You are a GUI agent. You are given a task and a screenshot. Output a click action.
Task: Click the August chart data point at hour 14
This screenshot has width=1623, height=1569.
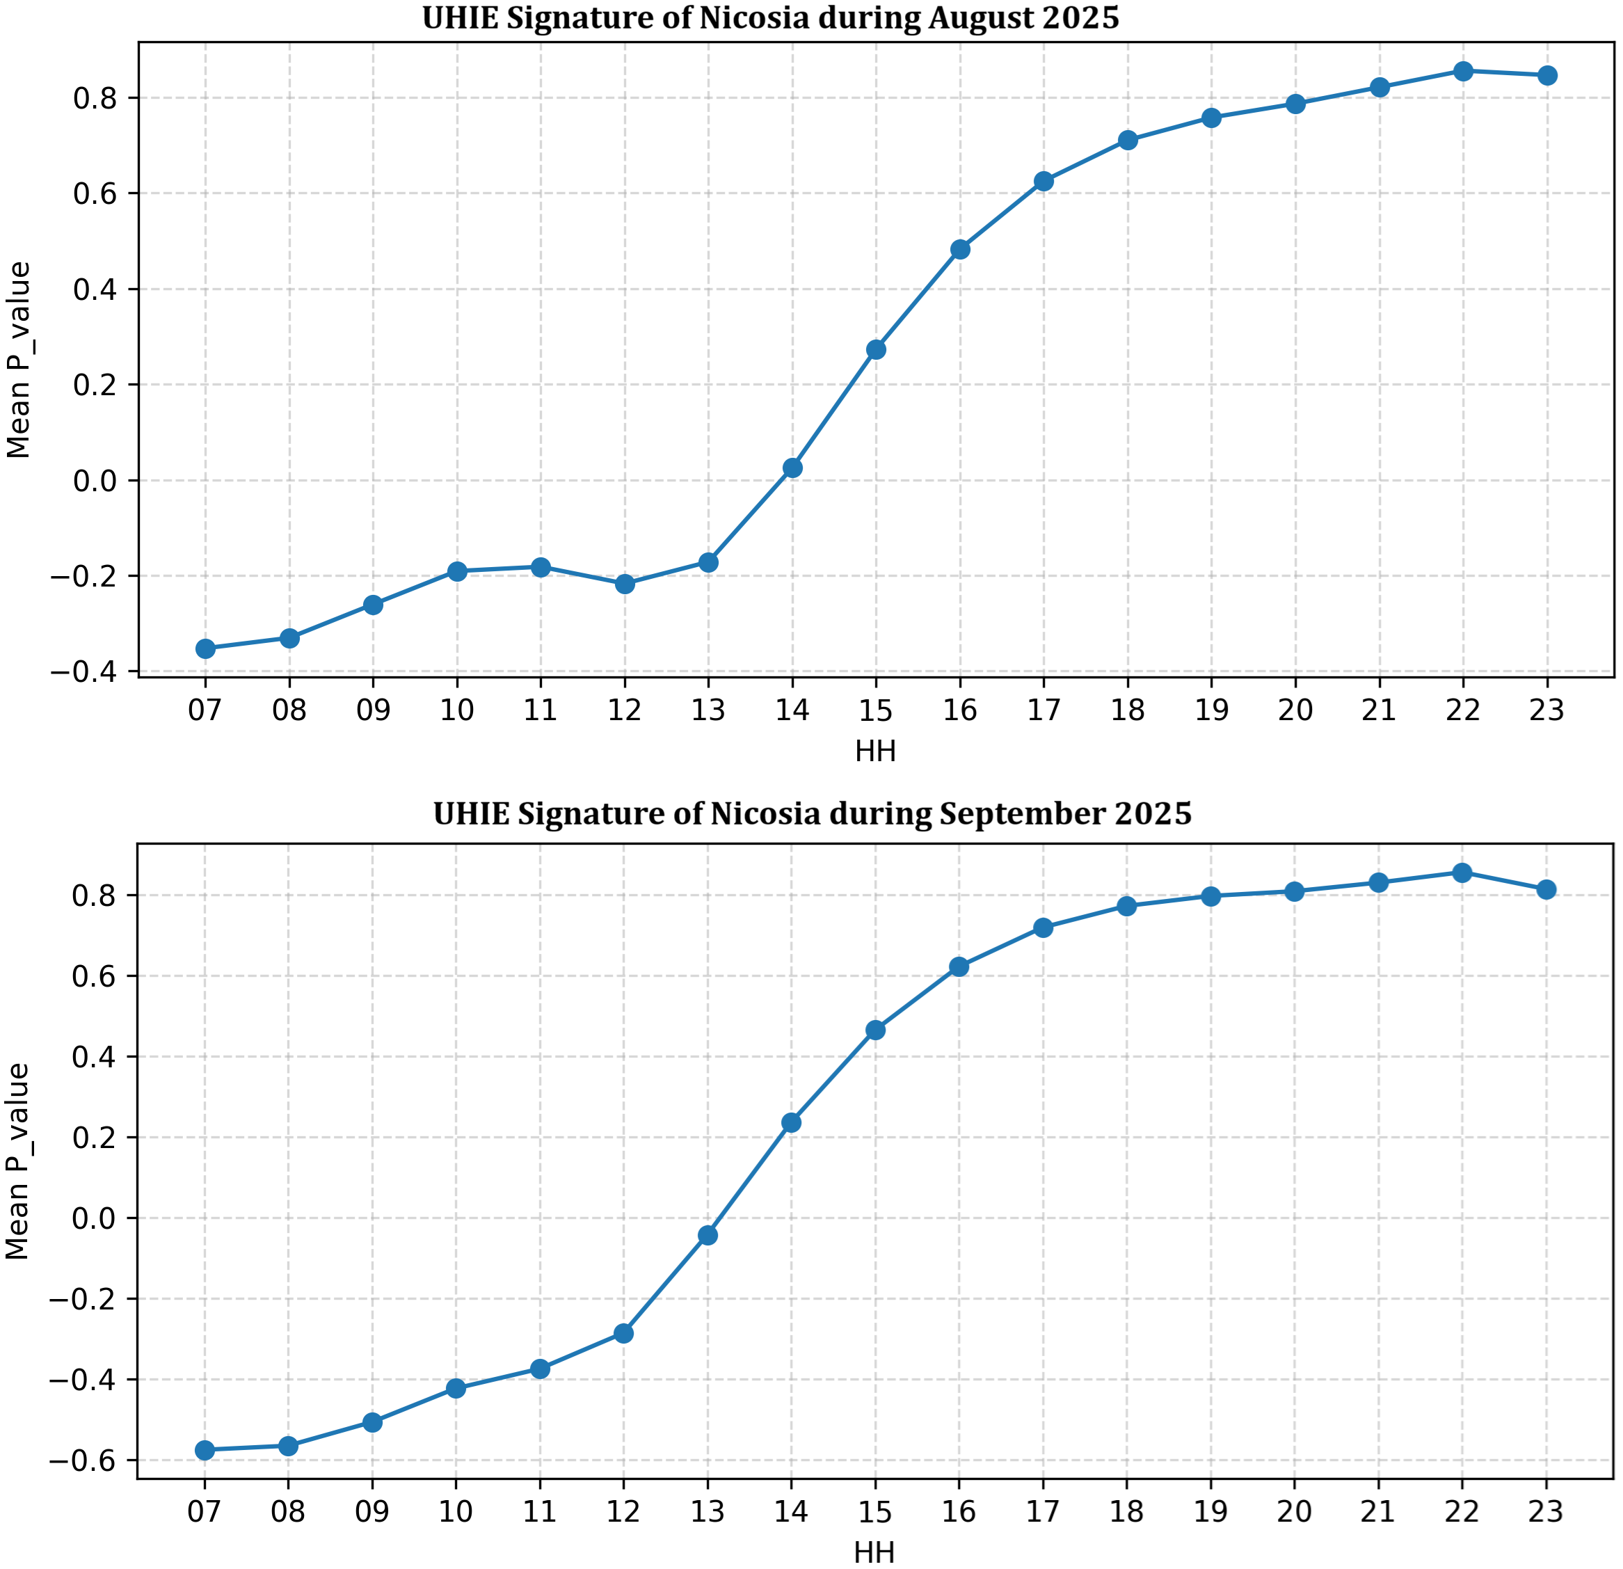tap(792, 468)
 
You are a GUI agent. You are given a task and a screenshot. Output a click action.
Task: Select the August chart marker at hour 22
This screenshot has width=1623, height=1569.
tap(1463, 71)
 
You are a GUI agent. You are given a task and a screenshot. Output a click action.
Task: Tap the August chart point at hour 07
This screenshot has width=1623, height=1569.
tap(205, 648)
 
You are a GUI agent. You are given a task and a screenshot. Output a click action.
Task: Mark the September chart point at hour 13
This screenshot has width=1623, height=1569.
tap(707, 1235)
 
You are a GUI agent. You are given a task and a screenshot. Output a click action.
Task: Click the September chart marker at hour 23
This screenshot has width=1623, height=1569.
tap(1546, 890)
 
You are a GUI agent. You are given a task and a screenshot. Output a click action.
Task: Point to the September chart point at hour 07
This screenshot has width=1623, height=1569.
tap(205, 1450)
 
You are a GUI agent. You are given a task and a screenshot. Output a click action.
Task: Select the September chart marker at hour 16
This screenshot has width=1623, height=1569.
tap(959, 966)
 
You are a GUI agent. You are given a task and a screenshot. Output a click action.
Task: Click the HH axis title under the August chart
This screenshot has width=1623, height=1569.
tap(875, 751)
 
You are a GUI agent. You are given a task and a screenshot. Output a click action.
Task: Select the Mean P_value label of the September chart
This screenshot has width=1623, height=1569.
tap(17, 1161)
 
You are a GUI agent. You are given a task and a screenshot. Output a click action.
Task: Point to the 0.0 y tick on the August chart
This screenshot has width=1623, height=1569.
tap(97, 481)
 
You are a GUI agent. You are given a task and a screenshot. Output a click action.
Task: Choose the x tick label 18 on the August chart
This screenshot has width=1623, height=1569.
tap(1128, 710)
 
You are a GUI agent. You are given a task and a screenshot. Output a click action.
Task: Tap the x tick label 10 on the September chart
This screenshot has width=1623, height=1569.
tap(456, 1512)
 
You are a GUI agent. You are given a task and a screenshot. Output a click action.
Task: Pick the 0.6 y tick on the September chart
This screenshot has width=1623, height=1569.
tap(97, 976)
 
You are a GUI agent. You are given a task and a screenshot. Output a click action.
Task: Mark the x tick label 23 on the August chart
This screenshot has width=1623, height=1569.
tap(1546, 710)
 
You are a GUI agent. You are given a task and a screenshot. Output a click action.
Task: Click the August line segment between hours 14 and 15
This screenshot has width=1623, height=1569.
tap(834, 409)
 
